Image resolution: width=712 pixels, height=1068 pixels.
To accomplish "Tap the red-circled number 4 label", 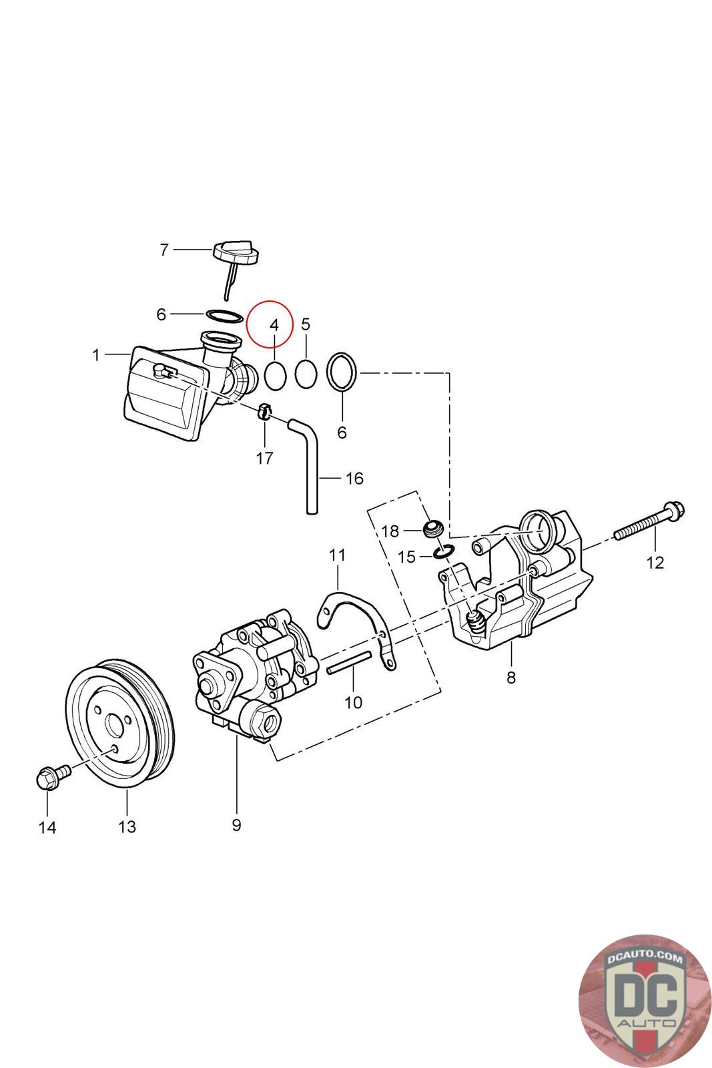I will [273, 325].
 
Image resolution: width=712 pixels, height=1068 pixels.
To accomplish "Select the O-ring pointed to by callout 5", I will [306, 374].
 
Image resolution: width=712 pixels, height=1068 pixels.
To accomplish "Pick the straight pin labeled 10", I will [348, 663].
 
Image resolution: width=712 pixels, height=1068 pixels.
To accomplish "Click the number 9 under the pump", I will [236, 825].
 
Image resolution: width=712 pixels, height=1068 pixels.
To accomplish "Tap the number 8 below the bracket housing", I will [511, 678].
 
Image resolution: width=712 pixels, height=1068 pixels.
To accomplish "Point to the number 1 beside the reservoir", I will [96, 355].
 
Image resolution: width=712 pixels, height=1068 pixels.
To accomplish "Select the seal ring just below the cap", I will [223, 314].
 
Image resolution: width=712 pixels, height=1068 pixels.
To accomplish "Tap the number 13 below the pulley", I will [127, 827].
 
